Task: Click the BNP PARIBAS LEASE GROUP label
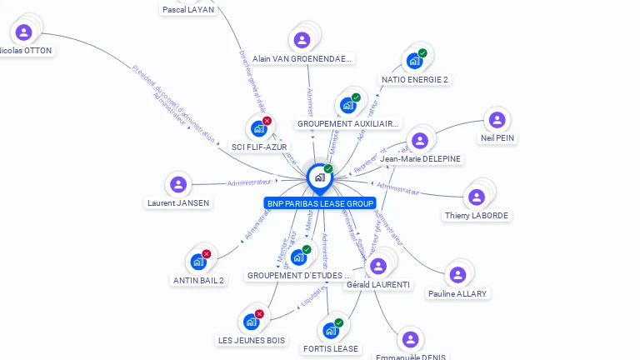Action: tap(320, 203)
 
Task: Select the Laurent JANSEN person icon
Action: tap(177, 184)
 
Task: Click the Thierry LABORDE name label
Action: tap(477, 216)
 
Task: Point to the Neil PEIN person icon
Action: tap(497, 120)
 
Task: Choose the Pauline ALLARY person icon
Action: tap(457, 275)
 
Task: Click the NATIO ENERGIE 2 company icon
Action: tap(413, 61)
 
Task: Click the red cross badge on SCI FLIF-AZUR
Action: tap(267, 121)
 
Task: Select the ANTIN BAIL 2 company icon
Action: tap(197, 262)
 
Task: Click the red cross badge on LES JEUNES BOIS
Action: tap(259, 314)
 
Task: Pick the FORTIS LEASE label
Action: tap(330, 348)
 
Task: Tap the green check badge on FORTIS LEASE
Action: tap(338, 322)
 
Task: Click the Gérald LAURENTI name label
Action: tap(377, 285)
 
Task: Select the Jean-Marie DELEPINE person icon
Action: tap(419, 140)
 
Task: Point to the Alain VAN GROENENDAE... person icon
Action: tap(302, 40)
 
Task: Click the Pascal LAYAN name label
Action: tap(187, 9)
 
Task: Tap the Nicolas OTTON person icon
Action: tap(23, 32)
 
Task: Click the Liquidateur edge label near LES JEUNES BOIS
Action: tap(312, 302)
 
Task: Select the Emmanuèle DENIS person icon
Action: tap(409, 339)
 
